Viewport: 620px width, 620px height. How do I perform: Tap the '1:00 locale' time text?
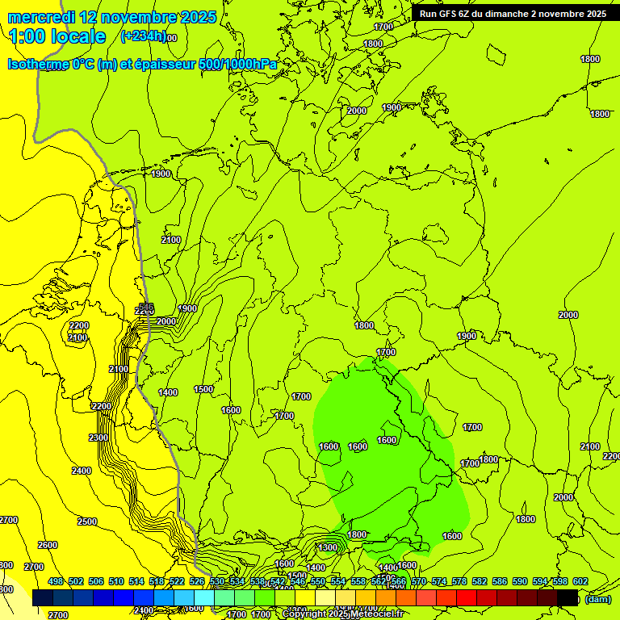click(x=57, y=36)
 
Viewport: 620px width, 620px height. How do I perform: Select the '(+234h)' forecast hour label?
click(x=143, y=36)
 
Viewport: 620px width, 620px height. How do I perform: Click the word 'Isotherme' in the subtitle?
click(x=37, y=65)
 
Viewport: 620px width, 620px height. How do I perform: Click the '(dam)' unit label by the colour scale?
click(x=598, y=599)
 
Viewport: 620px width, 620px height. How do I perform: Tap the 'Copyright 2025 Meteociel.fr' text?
click(x=343, y=614)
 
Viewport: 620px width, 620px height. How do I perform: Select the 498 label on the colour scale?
click(x=56, y=581)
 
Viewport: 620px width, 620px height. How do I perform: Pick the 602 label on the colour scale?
click(x=580, y=581)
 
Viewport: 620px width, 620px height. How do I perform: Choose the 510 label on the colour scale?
click(x=116, y=581)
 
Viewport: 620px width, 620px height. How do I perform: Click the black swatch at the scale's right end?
click(x=568, y=597)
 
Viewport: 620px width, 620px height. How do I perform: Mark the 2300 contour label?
click(x=98, y=438)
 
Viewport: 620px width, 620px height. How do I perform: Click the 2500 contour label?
click(x=87, y=522)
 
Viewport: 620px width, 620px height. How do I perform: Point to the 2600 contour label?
click(x=48, y=545)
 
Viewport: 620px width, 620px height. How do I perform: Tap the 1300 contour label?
click(x=328, y=547)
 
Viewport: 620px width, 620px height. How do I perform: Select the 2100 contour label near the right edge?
click(x=590, y=446)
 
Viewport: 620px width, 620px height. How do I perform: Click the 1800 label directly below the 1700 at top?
click(x=373, y=44)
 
